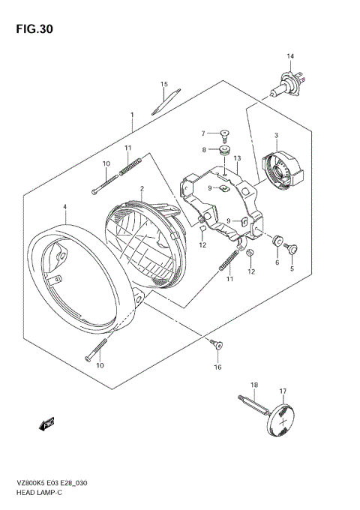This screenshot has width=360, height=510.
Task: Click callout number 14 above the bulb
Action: pos(290,56)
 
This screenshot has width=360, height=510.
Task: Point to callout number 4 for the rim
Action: pos(65,206)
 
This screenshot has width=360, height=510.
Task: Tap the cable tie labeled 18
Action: pos(253,406)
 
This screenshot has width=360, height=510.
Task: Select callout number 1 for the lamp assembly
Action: pos(132,115)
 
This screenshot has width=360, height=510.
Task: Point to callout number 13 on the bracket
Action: pos(236,158)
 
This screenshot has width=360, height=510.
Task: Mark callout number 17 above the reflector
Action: pos(283,391)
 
